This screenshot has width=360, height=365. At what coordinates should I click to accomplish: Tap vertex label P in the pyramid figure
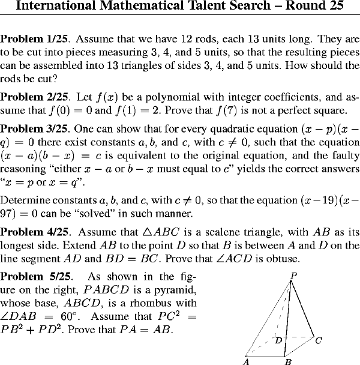(293, 275)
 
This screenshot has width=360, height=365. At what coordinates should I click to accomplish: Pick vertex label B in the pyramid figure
(288, 361)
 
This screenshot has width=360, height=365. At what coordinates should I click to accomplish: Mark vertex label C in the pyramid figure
(319, 340)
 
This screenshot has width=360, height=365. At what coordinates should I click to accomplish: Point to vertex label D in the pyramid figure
(278, 340)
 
